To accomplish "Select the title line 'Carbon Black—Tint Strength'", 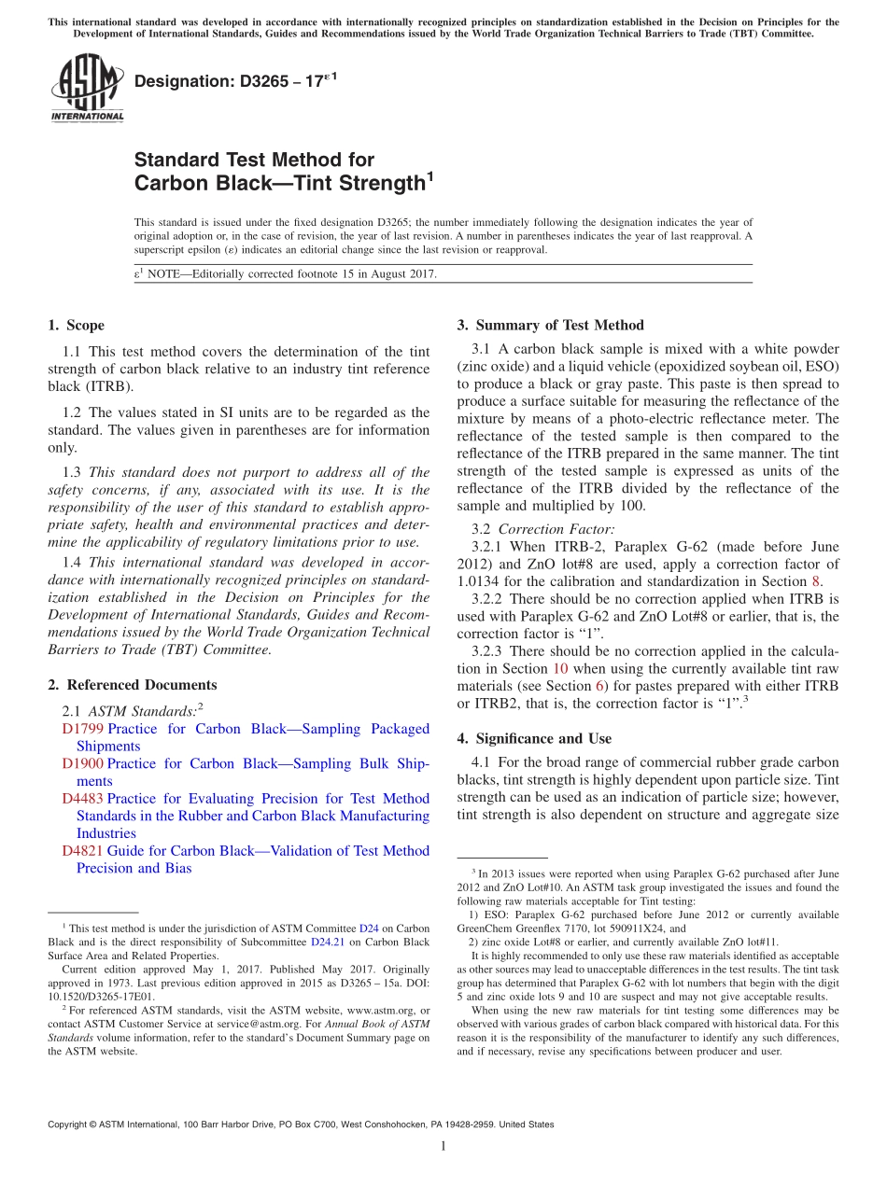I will [280, 183].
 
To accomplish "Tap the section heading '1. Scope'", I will [76, 326].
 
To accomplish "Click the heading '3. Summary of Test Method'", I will [550, 326].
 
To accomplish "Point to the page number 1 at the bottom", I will [443, 1147].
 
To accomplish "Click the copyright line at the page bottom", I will [301, 1124].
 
